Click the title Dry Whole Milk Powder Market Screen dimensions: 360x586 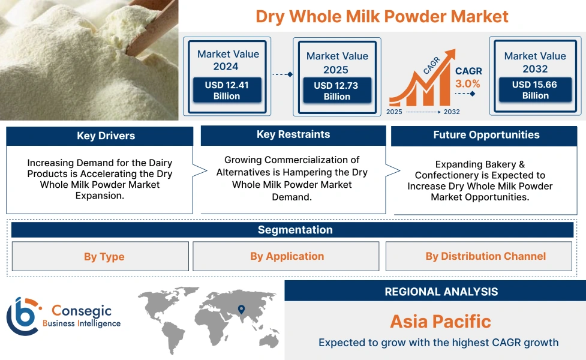pos(381,16)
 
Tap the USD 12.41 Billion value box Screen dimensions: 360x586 pos(227,91)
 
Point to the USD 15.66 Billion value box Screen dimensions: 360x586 pos(534,90)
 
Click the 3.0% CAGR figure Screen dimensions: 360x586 pos(468,84)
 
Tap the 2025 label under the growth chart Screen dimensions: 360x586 pos(395,112)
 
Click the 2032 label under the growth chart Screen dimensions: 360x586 pos(452,112)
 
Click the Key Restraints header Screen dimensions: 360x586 pos(293,134)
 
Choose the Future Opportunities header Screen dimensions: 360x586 pos(486,135)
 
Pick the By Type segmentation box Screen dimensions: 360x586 pos(104,257)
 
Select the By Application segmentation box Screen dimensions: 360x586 pos(287,256)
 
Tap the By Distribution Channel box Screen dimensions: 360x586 pos(485,256)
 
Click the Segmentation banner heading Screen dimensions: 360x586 pos(294,230)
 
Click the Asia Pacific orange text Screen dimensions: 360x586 pos(440,321)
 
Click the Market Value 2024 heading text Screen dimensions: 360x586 pos(228,60)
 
